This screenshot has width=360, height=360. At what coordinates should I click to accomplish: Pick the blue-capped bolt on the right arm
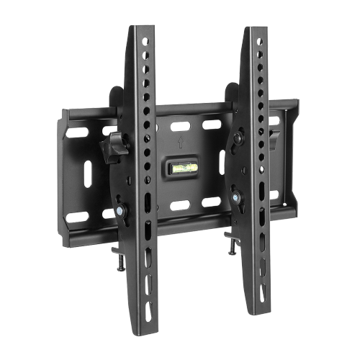pos(235,193)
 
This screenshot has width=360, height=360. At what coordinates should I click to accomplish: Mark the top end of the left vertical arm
pos(140,30)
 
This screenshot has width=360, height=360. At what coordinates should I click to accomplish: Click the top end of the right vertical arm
pos(255,31)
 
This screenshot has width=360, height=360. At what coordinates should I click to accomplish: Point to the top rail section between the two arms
pos(194,106)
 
